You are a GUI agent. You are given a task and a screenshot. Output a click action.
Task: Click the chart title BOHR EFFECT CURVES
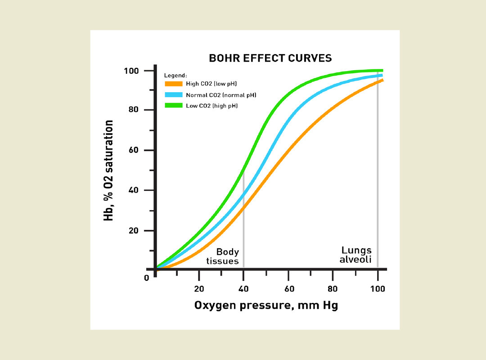[270, 58]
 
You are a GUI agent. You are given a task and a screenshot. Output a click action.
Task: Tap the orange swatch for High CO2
[173, 84]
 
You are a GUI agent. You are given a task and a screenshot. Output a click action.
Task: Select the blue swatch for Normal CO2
[173, 95]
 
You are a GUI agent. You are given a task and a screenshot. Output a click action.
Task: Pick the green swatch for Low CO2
[173, 106]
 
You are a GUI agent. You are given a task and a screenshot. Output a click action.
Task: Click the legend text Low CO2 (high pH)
[211, 106]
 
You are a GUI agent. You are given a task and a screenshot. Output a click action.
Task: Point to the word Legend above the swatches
[175, 75]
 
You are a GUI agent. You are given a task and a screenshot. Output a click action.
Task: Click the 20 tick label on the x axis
[199, 288]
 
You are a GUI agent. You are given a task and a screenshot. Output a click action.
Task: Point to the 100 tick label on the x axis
[377, 288]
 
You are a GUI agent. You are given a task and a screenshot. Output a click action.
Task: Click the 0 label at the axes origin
[146, 278]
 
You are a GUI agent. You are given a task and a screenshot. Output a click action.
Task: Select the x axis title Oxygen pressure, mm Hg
[266, 306]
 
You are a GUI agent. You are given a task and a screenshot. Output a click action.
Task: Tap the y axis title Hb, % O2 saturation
[108, 171]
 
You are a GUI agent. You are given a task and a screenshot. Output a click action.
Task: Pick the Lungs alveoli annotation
[356, 254]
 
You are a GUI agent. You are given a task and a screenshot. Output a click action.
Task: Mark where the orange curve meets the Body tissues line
[243, 207]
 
